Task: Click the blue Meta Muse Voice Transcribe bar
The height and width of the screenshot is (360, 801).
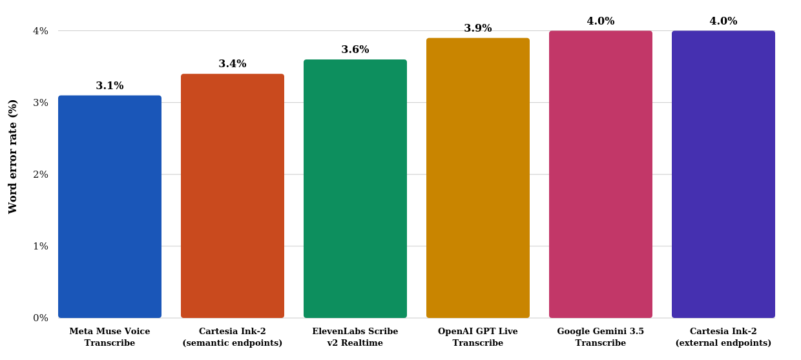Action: (x=110, y=206)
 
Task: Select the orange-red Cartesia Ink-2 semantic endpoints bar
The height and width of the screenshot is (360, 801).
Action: (x=233, y=196)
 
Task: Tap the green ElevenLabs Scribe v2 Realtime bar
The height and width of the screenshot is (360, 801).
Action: (x=355, y=189)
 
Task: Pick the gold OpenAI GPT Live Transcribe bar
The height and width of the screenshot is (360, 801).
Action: (x=478, y=178)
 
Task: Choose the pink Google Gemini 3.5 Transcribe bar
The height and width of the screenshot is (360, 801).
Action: (x=601, y=175)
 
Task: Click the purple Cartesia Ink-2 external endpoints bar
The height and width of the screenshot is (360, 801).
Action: (x=723, y=175)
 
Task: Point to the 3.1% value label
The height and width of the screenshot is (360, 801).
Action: (x=110, y=85)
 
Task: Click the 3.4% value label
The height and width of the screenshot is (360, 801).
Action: (x=233, y=64)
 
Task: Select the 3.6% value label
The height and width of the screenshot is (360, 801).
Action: (x=355, y=49)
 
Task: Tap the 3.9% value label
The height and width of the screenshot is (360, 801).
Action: (x=478, y=28)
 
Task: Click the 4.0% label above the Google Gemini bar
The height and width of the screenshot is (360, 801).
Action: (x=601, y=21)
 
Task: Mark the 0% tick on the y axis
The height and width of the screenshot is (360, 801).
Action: (x=41, y=318)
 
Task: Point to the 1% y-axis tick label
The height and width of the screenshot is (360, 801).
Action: (x=41, y=246)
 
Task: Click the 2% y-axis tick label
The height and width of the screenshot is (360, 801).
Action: (x=41, y=175)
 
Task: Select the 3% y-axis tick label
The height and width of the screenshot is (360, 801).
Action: (x=41, y=103)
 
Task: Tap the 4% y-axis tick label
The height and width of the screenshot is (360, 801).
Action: (x=41, y=31)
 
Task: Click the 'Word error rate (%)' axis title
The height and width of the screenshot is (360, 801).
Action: (x=12, y=157)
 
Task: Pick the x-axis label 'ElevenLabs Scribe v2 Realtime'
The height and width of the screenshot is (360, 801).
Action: (x=355, y=337)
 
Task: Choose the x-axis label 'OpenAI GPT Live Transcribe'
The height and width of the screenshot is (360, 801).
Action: (x=478, y=337)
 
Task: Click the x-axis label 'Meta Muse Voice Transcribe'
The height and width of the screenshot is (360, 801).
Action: (x=110, y=337)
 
